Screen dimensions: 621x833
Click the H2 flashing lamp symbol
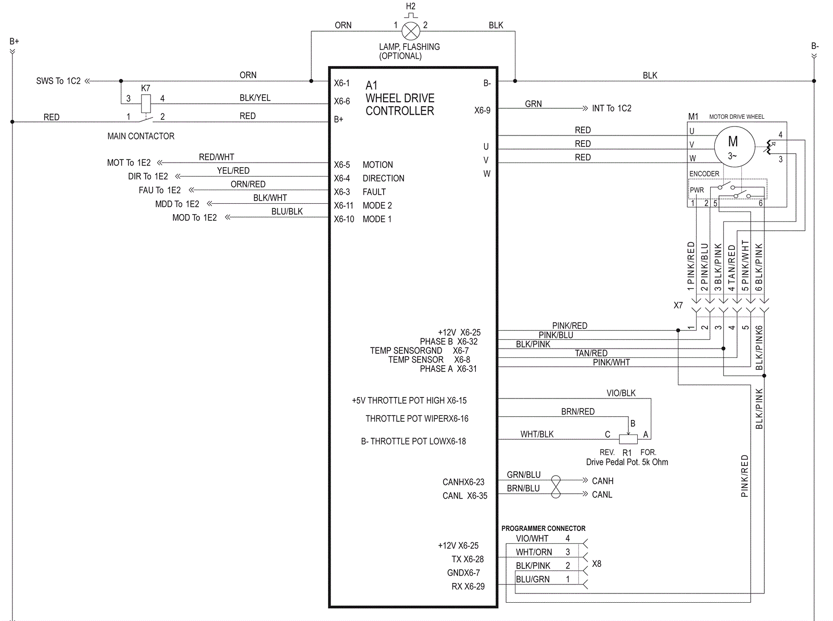coord(411,31)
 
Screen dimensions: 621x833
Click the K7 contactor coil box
coord(146,103)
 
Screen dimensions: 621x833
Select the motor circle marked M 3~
coord(733,146)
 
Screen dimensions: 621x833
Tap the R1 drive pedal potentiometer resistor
coord(628,439)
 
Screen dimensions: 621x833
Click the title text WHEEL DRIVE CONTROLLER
coord(399,104)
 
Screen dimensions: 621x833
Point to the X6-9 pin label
coord(482,110)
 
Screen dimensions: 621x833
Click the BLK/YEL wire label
coord(255,98)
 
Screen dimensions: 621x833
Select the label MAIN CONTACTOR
coord(141,136)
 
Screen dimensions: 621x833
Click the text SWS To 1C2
coord(58,81)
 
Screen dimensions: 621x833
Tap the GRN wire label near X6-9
coord(533,104)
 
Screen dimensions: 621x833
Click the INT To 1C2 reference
coord(611,108)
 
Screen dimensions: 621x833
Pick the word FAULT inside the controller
coord(374,192)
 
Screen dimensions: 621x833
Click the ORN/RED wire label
coord(248,184)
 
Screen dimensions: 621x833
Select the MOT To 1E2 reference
coord(129,163)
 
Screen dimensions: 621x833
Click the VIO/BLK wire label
coord(621,393)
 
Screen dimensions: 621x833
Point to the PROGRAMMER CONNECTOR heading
coord(543,528)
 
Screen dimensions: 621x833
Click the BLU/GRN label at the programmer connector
coord(533,579)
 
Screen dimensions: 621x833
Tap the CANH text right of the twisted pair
coord(602,481)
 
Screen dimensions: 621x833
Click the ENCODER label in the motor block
coord(704,174)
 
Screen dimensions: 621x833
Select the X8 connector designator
coord(597,564)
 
